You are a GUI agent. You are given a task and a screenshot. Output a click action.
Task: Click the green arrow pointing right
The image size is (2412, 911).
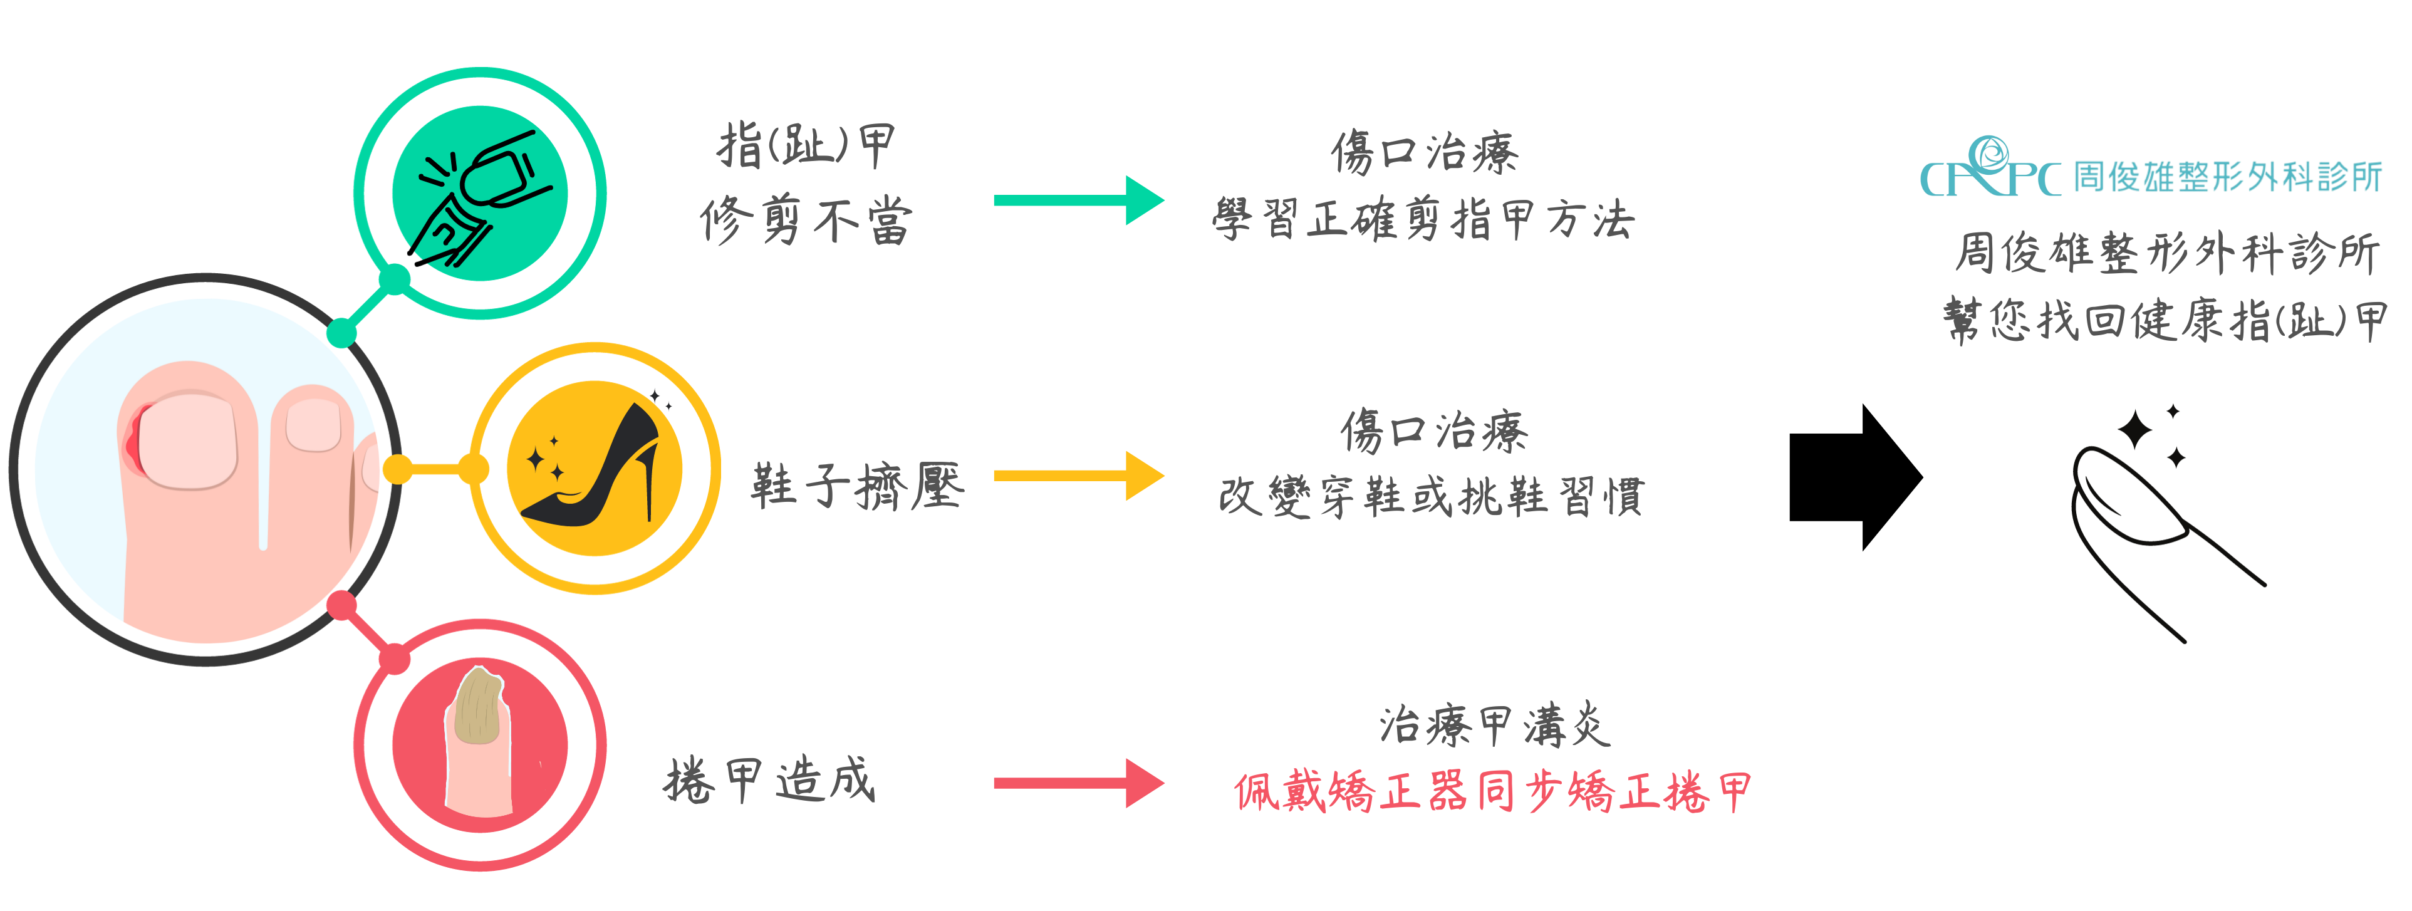(x=1077, y=200)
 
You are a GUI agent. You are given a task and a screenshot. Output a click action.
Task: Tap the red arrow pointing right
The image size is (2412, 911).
(x=1077, y=783)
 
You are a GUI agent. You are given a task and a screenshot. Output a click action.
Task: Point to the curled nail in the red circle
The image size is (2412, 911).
(x=479, y=707)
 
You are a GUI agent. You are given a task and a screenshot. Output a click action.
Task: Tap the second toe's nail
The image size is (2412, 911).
(x=313, y=426)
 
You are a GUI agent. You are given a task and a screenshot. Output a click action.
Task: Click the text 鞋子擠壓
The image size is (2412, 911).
(x=857, y=486)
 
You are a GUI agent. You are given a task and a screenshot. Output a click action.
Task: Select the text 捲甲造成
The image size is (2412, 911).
(x=770, y=781)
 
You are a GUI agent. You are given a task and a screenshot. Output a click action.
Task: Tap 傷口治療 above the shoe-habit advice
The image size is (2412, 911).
(x=1433, y=432)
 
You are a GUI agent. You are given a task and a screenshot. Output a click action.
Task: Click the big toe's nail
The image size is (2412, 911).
(x=188, y=440)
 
